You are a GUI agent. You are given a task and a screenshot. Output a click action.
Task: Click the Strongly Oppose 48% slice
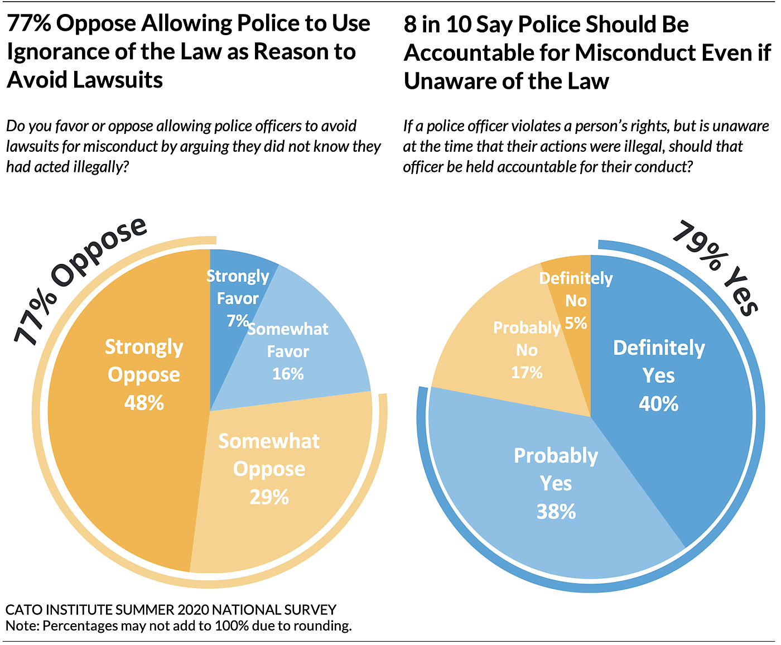(x=123, y=446)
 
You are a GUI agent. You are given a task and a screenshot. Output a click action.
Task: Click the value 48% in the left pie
(x=144, y=402)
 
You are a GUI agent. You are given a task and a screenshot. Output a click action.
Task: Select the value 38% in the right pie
(x=556, y=511)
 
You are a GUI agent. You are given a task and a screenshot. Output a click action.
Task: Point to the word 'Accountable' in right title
(x=485, y=53)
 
